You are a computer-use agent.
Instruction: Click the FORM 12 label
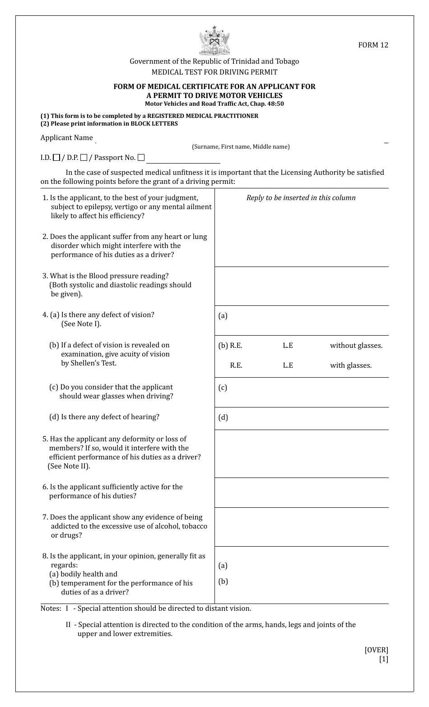coord(373,45)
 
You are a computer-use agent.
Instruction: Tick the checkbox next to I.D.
coord(56,158)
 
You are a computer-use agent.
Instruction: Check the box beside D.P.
coord(84,158)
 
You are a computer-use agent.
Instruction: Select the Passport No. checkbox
coord(141,158)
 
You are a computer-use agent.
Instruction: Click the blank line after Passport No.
coord(183,161)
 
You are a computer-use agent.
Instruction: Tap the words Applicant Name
coord(67,138)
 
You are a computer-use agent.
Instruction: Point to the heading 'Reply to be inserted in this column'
coord(301,198)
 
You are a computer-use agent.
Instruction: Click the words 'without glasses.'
coord(356,346)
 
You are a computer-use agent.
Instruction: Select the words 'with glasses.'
coord(350,365)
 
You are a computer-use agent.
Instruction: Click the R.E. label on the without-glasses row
coord(236,346)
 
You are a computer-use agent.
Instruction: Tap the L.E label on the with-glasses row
coord(288,365)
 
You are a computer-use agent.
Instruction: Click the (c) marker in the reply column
coord(223,388)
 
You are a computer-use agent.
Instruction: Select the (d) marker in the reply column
coord(223,417)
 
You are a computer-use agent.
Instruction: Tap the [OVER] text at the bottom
coord(376,650)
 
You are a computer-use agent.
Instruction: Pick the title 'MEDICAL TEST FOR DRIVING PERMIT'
coord(214,72)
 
